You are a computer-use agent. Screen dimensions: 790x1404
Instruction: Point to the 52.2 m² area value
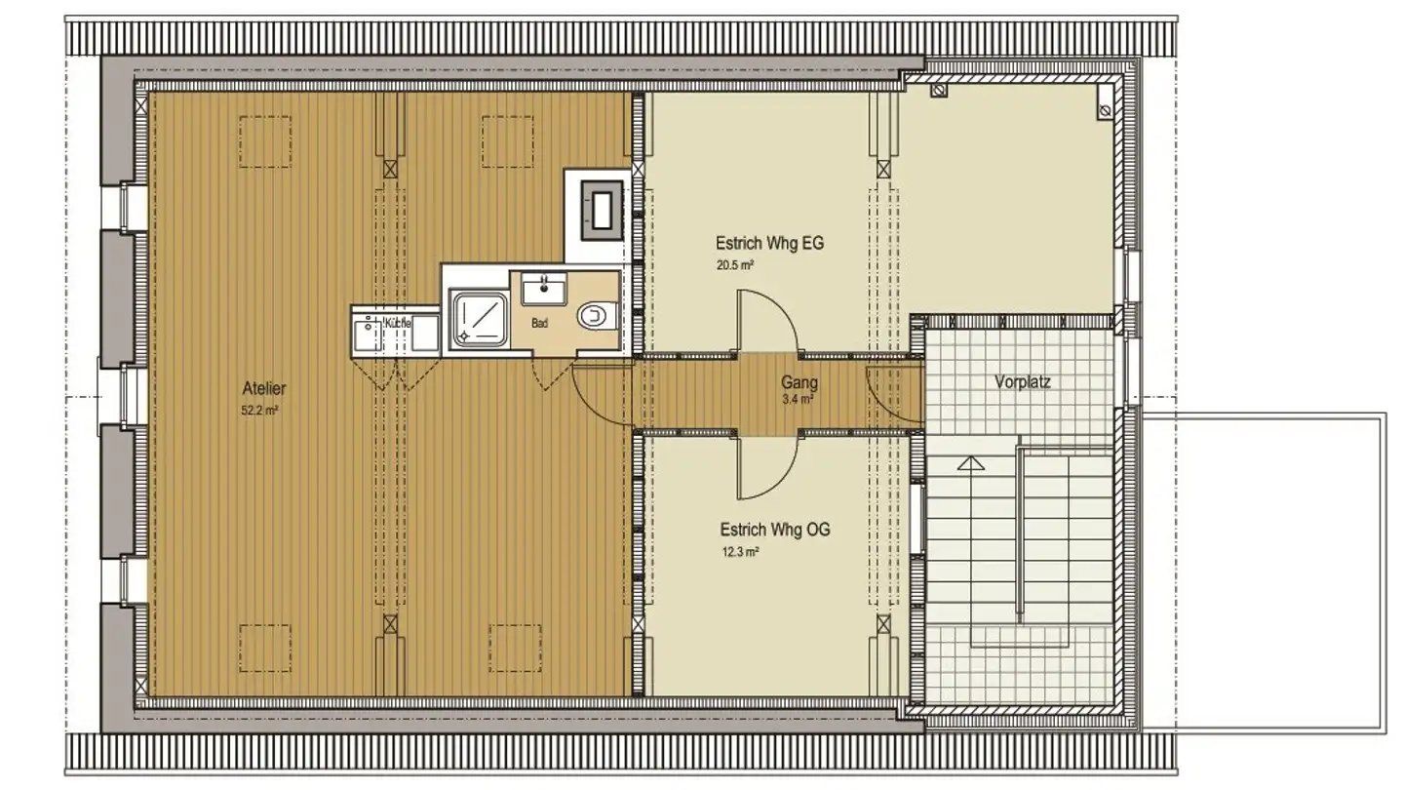(260, 411)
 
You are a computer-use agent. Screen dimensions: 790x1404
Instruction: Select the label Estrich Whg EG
(769, 244)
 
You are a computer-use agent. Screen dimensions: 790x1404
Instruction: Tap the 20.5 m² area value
(736, 264)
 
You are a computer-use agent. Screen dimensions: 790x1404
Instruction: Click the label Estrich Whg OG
(774, 531)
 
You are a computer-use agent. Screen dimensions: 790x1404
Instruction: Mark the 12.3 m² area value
(740, 551)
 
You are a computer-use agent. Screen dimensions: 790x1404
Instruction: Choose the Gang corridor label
(799, 382)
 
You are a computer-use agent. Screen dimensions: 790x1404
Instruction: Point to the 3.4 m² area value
(798, 398)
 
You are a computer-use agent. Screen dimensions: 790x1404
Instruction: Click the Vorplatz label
(1022, 382)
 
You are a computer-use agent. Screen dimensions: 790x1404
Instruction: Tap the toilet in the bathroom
(593, 316)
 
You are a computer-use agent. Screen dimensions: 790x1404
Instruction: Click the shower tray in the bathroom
(478, 319)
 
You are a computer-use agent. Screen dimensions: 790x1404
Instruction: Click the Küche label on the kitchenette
(397, 322)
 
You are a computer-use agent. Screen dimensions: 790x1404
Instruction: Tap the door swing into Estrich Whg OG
(764, 466)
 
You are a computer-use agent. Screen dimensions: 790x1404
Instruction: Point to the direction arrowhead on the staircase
(967, 463)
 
